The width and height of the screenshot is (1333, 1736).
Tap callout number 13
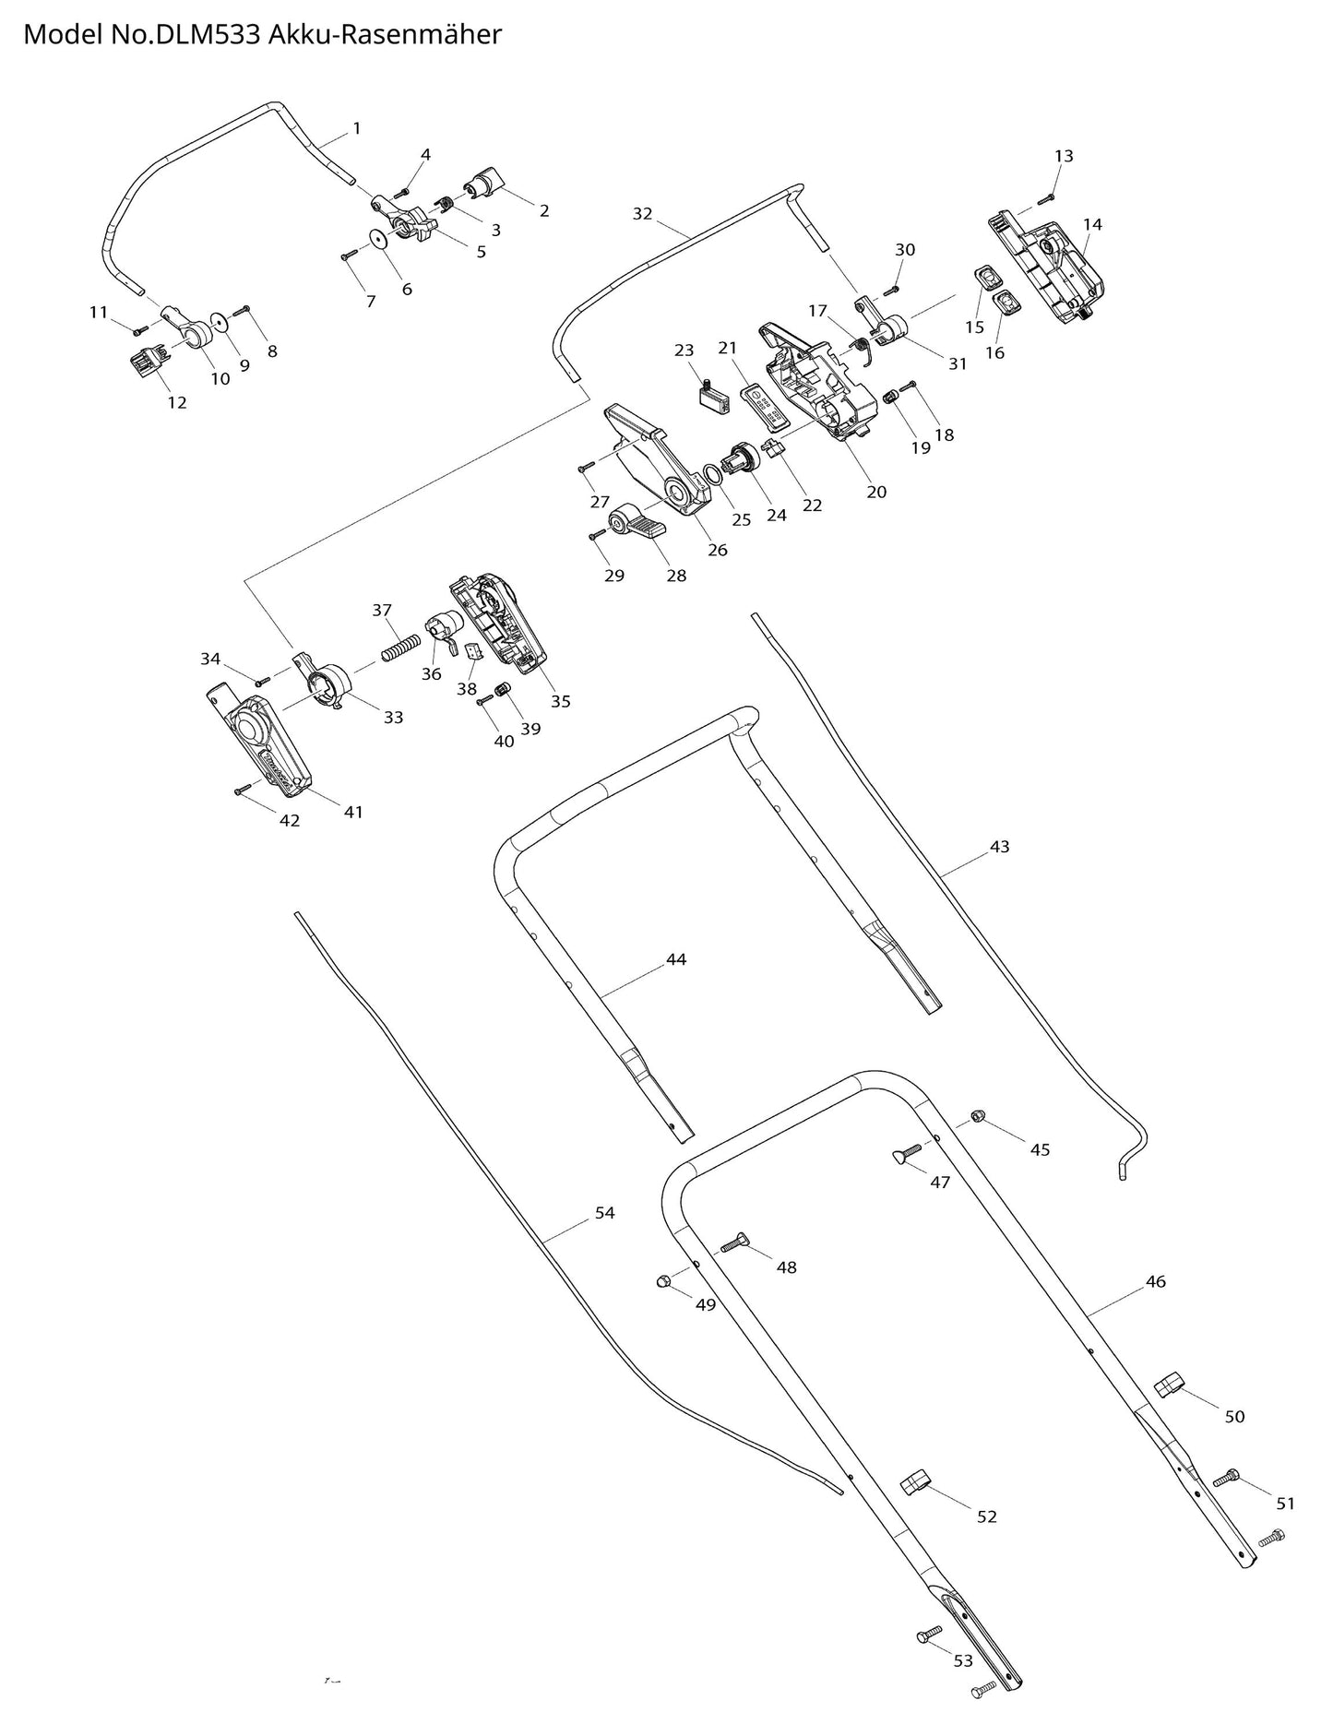[1064, 156]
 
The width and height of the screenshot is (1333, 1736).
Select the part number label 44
[676, 959]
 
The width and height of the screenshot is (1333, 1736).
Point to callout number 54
[604, 1213]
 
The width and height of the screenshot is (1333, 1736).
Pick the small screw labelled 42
[244, 789]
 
